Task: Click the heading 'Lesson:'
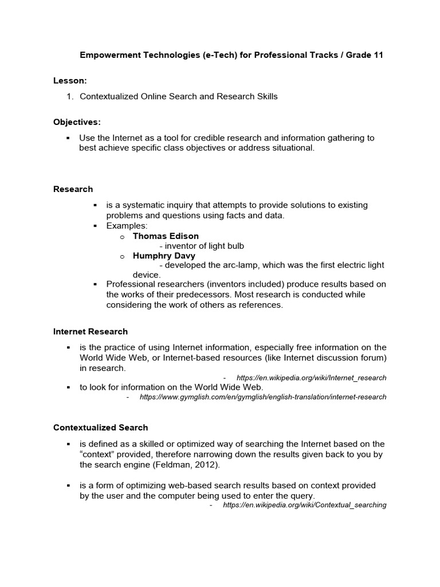70,81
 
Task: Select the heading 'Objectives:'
77,123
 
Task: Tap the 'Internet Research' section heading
91,331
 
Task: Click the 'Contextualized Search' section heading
101,428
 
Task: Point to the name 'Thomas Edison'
166,236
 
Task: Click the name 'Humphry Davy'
164,256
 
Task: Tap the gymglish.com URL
263,397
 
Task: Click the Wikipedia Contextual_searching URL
304,505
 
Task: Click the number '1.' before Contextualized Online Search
70,96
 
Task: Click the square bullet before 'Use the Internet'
68,138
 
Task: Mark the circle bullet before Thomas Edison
122,237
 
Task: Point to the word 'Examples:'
127,226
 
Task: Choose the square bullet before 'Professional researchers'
95,284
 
